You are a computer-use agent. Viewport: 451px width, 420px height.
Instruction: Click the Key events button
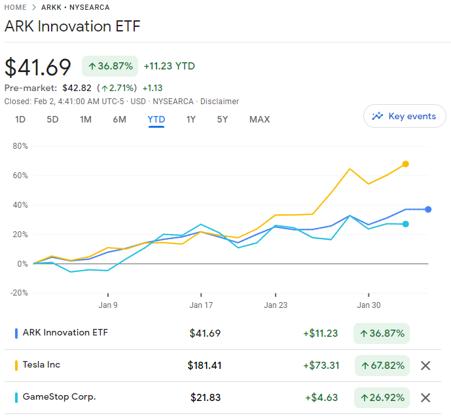(x=405, y=116)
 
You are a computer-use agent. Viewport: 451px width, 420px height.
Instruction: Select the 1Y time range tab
(x=190, y=119)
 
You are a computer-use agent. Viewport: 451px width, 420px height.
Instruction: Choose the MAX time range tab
(x=259, y=119)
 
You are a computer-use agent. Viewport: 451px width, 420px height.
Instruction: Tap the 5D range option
(x=52, y=119)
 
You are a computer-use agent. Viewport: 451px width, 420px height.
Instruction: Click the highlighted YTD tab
(x=156, y=119)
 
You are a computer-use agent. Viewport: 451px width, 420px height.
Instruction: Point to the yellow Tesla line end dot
(x=406, y=164)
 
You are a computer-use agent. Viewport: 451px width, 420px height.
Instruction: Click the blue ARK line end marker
(x=428, y=210)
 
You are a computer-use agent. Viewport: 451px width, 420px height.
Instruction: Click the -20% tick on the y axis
(x=19, y=293)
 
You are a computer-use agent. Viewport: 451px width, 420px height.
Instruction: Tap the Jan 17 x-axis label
(x=201, y=305)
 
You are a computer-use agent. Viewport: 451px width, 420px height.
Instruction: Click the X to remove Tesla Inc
(x=425, y=366)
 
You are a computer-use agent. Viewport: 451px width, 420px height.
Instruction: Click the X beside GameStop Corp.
(x=425, y=398)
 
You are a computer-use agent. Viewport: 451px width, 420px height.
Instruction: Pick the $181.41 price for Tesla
(x=204, y=366)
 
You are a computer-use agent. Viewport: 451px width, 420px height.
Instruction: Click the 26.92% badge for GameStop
(x=382, y=398)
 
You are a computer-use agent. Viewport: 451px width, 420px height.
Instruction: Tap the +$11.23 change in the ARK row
(x=320, y=333)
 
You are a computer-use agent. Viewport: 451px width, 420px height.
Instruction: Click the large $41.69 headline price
(x=38, y=67)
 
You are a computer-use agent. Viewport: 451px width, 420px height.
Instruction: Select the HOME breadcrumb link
(x=16, y=7)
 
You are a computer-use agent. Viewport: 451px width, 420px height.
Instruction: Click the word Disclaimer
(x=219, y=102)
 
